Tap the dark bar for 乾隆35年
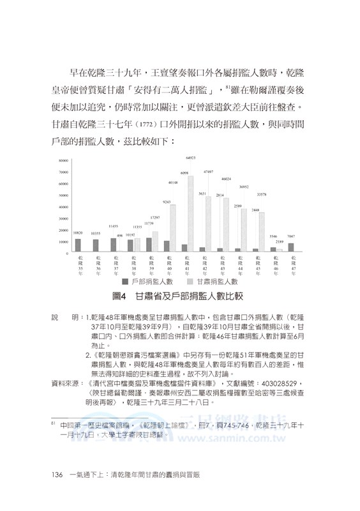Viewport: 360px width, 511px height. [78, 246]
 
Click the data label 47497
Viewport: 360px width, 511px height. [208, 172]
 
